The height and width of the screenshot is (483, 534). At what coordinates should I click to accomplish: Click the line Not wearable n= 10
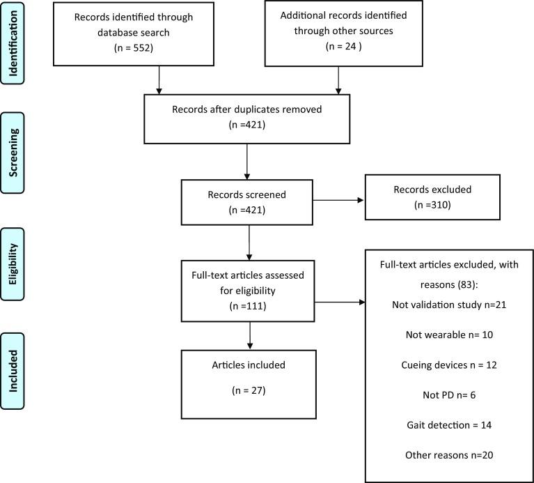click(x=448, y=335)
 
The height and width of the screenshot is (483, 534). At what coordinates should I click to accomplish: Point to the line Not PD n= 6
click(x=448, y=396)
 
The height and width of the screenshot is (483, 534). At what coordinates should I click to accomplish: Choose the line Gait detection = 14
click(x=448, y=426)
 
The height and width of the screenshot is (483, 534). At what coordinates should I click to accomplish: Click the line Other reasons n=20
click(x=448, y=455)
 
